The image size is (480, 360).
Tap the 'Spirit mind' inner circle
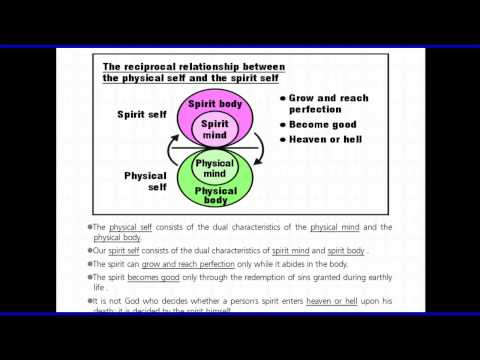(213, 129)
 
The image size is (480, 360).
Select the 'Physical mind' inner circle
(214, 166)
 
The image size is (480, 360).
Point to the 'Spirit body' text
(213, 104)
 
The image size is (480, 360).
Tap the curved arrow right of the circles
(259, 148)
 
